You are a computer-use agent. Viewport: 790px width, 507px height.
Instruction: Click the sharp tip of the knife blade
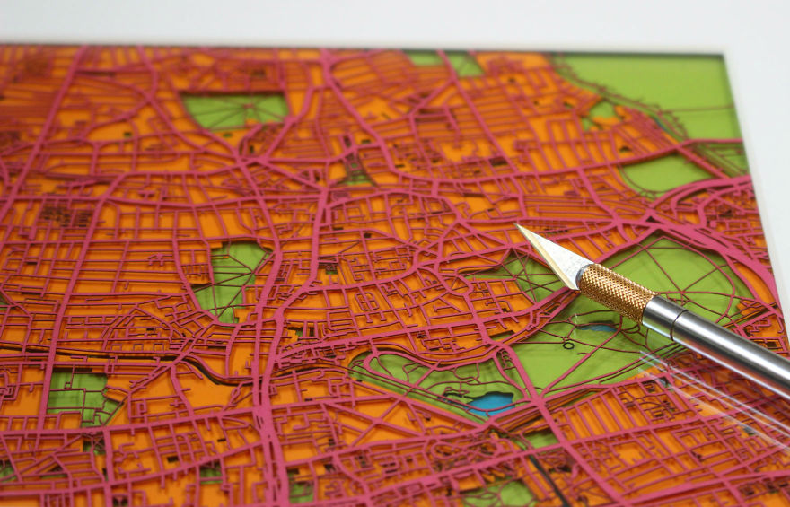(520, 226)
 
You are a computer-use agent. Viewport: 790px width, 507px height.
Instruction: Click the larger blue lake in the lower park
(491, 403)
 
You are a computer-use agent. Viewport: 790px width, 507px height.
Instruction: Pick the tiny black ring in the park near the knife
(567, 344)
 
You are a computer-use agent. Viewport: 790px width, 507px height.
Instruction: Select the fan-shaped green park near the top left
(235, 109)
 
